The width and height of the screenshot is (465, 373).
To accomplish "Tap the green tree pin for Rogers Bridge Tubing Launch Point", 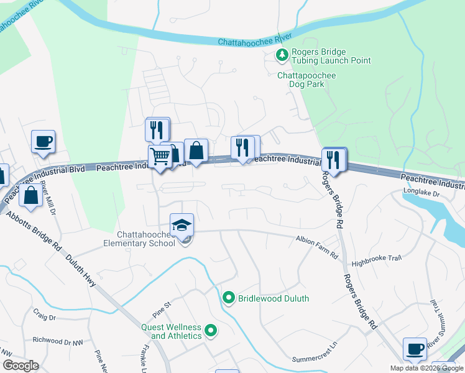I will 282,56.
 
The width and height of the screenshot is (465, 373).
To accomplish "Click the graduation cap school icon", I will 182,225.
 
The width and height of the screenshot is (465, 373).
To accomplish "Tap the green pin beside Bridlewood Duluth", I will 228,298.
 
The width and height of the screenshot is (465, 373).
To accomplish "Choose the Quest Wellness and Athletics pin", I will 210,331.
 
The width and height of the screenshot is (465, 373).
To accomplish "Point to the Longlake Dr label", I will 421,193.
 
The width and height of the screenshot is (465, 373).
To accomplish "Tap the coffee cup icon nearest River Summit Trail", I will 415,349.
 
